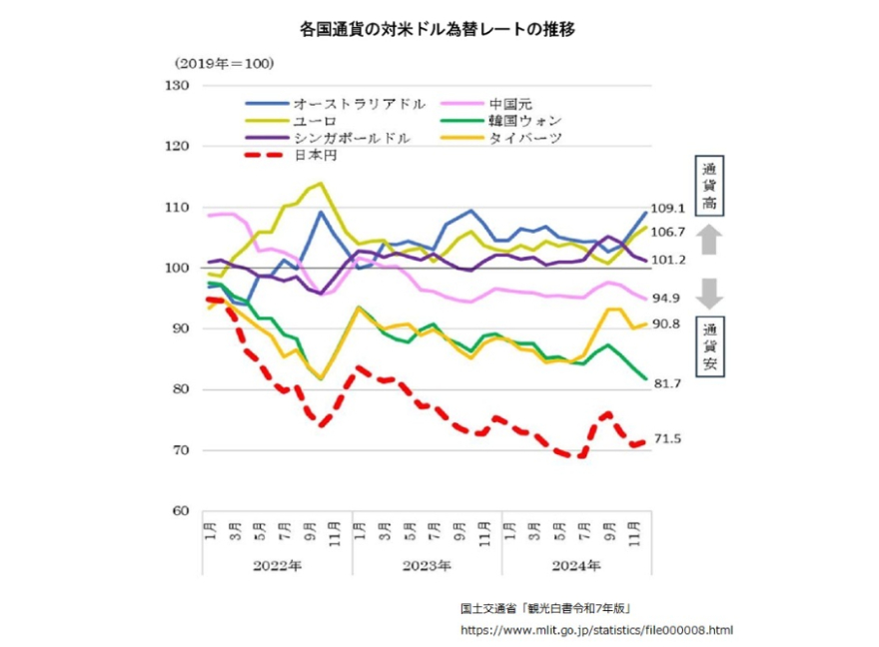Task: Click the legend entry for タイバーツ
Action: pyautogui.click(x=525, y=138)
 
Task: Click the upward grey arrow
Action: pyautogui.click(x=707, y=239)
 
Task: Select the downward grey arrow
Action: pyautogui.click(x=707, y=293)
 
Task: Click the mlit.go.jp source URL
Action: pyautogui.click(x=596, y=630)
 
